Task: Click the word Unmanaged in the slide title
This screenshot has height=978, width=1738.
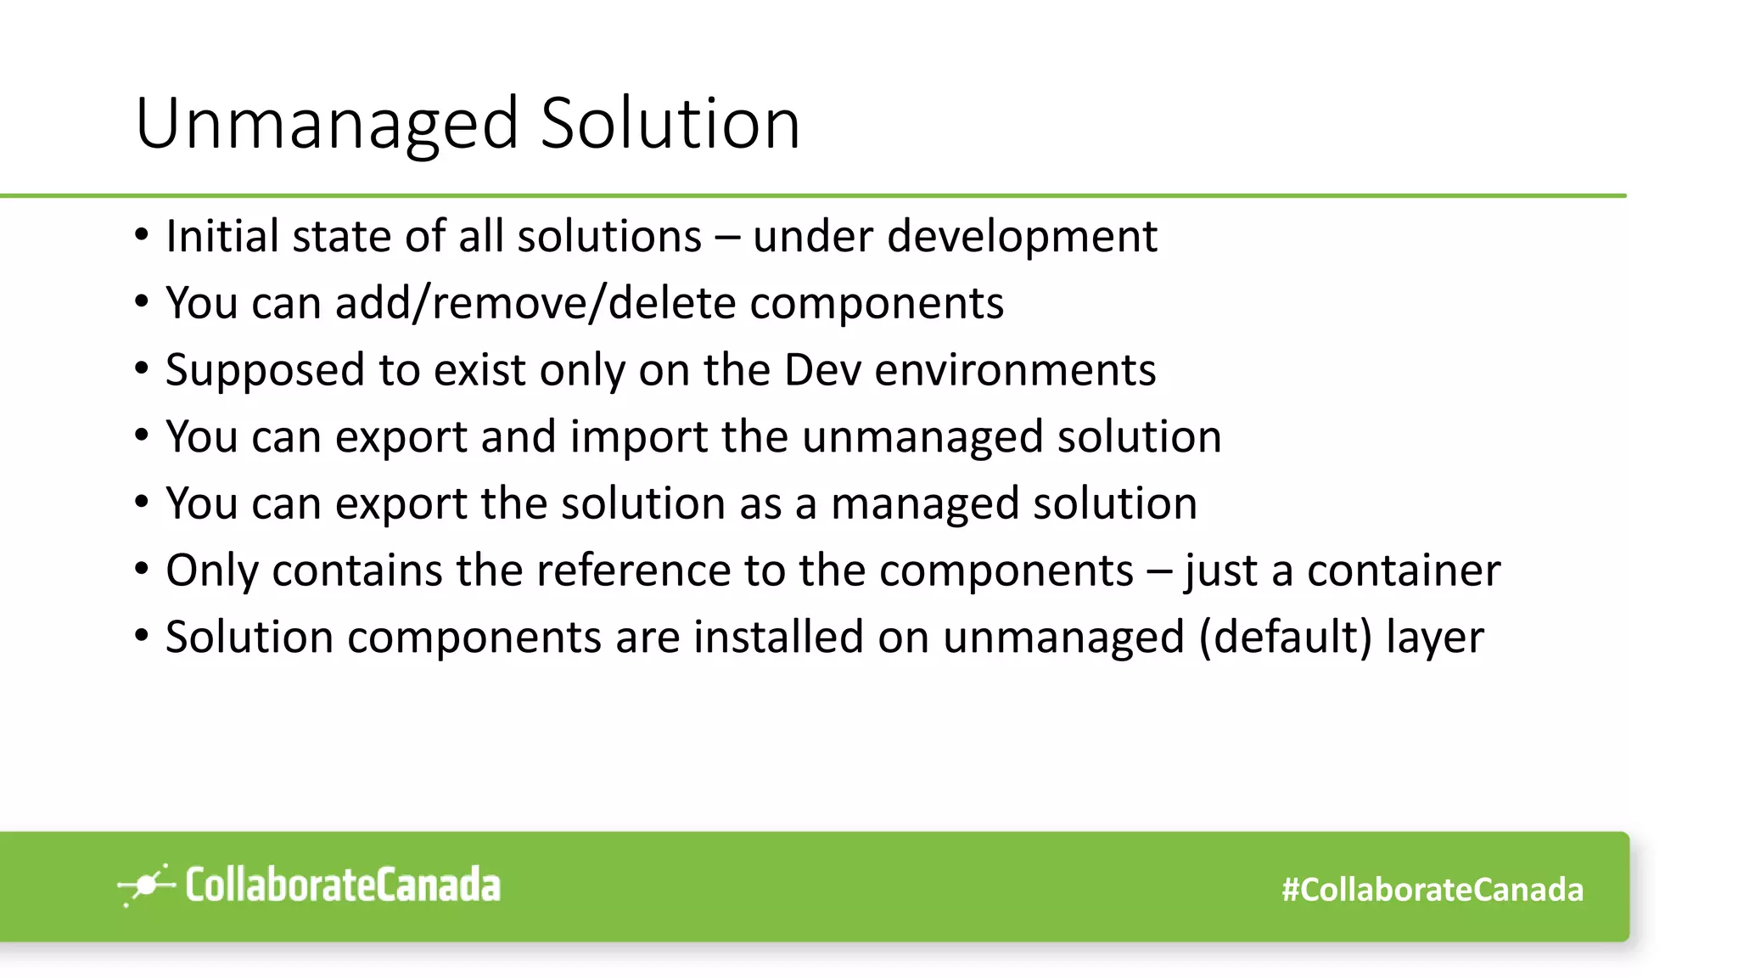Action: point(327,124)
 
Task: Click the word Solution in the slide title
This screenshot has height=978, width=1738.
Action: point(670,124)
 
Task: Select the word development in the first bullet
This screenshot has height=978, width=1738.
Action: point(1022,236)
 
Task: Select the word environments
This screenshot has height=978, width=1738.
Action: point(1015,370)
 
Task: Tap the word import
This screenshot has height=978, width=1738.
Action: point(638,437)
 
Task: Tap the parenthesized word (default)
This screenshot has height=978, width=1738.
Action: point(1285,638)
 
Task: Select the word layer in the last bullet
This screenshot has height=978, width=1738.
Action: point(1435,638)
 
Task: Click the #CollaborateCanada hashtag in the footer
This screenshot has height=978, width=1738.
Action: point(1432,890)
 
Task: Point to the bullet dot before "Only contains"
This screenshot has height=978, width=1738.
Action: point(142,570)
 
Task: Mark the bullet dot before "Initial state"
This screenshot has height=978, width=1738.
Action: point(142,235)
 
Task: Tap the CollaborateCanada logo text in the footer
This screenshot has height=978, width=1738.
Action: point(343,885)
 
